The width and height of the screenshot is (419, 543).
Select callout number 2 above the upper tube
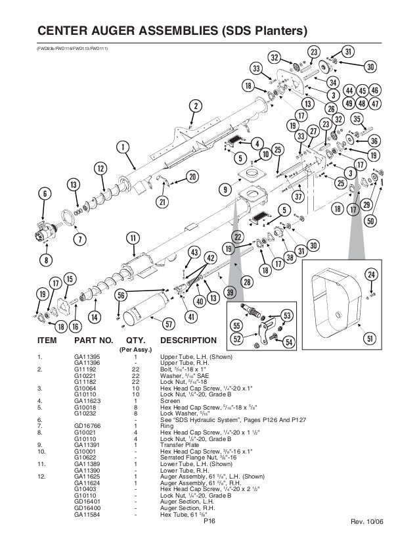coord(195,106)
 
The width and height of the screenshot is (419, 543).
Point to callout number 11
coord(133,237)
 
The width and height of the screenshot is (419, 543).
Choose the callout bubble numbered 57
coord(168,324)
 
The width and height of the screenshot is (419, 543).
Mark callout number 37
coord(298,197)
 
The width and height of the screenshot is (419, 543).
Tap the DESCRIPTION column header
coord(187,341)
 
